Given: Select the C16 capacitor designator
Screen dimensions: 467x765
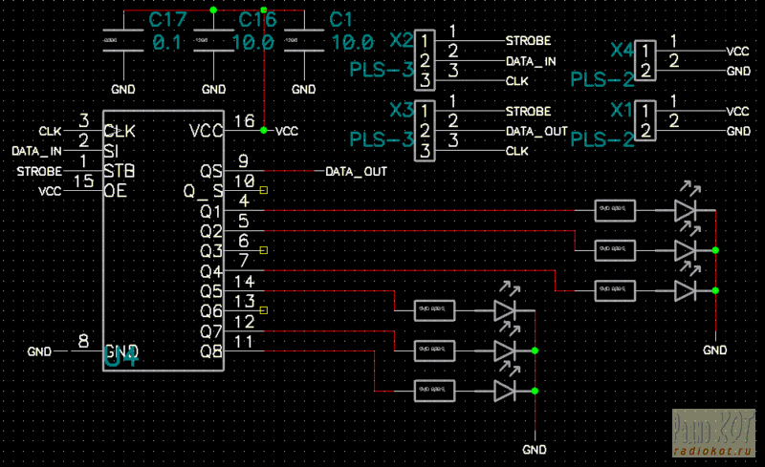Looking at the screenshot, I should (x=257, y=20).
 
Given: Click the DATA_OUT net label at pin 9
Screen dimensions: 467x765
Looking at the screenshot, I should (x=356, y=172).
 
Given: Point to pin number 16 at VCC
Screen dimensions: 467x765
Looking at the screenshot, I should (x=245, y=120).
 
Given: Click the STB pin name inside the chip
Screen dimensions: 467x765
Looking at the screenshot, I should (x=119, y=171).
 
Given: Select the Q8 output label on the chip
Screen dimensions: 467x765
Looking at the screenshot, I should (x=211, y=351).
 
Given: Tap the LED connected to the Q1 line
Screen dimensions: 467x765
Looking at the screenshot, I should (x=687, y=209).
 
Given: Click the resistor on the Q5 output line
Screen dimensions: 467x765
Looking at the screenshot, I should (x=435, y=309).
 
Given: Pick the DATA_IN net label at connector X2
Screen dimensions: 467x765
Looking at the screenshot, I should (x=531, y=61).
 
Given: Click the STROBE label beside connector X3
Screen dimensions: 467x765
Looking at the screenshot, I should (x=528, y=111).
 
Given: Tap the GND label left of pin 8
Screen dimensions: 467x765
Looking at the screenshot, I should (x=41, y=350).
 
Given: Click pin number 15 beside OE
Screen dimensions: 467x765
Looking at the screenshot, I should (x=84, y=180).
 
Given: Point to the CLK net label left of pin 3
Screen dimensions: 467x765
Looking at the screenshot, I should (x=50, y=130).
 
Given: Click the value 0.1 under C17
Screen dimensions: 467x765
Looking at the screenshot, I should (x=167, y=43).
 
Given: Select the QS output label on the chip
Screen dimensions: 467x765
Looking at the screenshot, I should (x=211, y=171).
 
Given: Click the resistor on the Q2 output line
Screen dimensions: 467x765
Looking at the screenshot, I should (x=614, y=248).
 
